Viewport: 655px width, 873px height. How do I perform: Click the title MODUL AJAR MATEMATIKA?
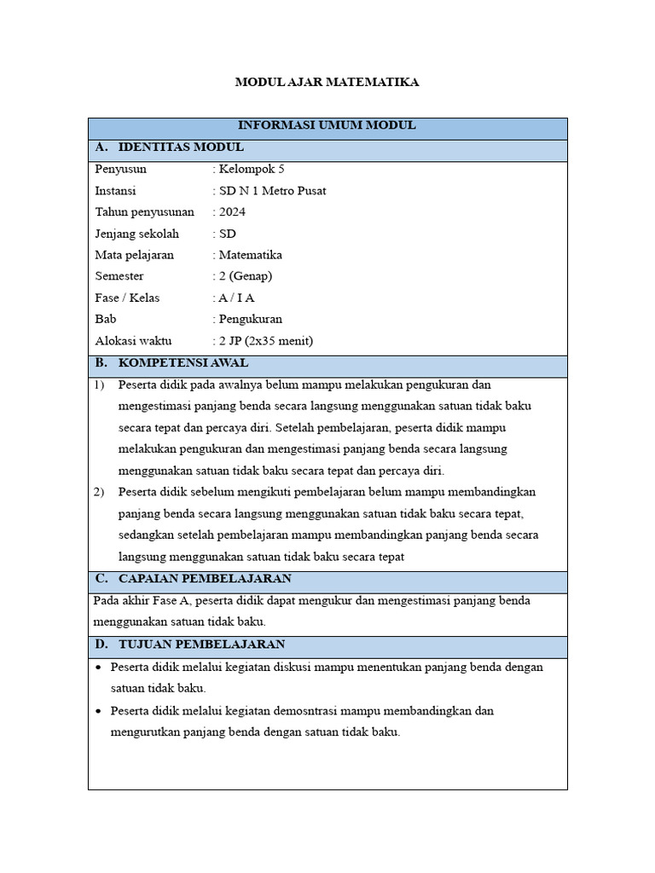point(327,83)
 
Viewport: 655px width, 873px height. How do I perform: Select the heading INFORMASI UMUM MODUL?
point(327,125)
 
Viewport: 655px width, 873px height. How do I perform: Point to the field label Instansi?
point(115,191)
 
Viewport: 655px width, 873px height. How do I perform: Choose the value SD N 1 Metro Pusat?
point(272,191)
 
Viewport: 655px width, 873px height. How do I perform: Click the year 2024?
point(232,212)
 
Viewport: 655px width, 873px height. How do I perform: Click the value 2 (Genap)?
point(246,276)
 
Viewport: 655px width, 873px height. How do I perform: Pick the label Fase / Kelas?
point(127,298)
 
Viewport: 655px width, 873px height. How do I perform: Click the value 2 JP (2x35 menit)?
point(266,341)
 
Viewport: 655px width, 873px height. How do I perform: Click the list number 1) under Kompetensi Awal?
point(100,384)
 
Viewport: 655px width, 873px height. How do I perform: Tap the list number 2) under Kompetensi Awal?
point(100,492)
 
